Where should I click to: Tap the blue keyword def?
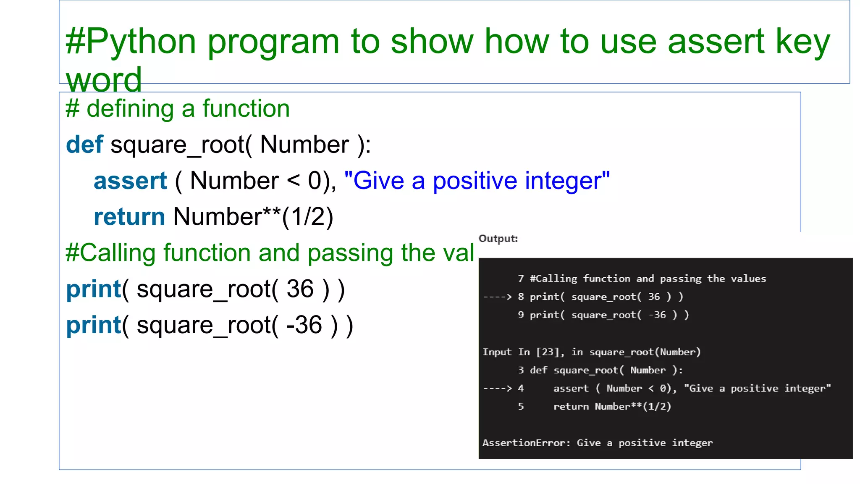(84, 145)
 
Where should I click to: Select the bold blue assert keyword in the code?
(130, 181)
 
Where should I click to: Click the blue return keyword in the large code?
(129, 217)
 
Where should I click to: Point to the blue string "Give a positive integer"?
(477, 181)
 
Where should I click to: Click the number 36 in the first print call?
(300, 289)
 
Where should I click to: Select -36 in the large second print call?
(304, 325)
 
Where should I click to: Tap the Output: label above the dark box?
(498, 239)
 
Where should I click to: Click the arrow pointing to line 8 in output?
(498, 297)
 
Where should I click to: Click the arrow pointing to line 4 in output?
(498, 389)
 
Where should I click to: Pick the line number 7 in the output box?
(521, 279)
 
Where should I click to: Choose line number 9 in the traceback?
(521, 315)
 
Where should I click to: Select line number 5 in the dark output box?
(521, 407)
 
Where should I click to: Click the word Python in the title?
(141, 42)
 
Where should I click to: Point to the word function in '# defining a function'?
(246, 109)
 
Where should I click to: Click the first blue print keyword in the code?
(94, 289)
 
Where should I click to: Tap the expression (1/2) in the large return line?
(308, 217)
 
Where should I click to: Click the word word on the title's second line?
(104, 80)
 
